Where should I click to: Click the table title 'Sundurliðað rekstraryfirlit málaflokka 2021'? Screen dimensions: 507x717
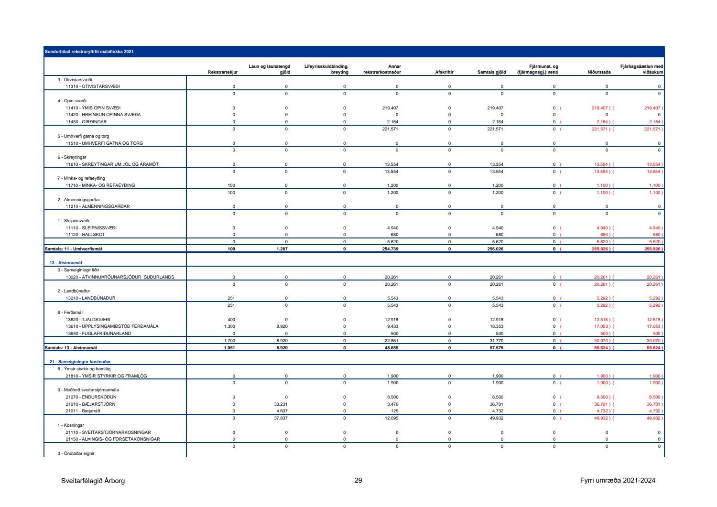coord(89,52)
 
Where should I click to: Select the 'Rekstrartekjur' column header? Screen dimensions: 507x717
coord(223,73)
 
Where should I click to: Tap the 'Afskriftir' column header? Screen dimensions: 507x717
coord(444,73)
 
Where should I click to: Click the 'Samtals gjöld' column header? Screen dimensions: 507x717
coord(491,73)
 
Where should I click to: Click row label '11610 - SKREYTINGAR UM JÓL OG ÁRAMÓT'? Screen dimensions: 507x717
coord(112,164)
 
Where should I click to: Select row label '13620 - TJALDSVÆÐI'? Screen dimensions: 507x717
coord(88,320)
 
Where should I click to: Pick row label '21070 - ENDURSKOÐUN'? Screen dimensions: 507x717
coord(91,397)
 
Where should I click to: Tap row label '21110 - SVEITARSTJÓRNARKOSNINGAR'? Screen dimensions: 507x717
coord(108,432)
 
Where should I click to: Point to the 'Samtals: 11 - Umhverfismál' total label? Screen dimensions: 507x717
coord(73,249)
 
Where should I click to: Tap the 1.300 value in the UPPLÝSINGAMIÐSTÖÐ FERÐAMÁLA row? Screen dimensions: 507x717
coord(229,326)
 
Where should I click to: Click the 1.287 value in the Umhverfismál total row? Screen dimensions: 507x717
coord(282,249)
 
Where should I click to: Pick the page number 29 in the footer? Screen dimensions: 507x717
coord(358,481)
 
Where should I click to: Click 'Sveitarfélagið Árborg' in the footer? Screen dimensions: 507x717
coord(93,481)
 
